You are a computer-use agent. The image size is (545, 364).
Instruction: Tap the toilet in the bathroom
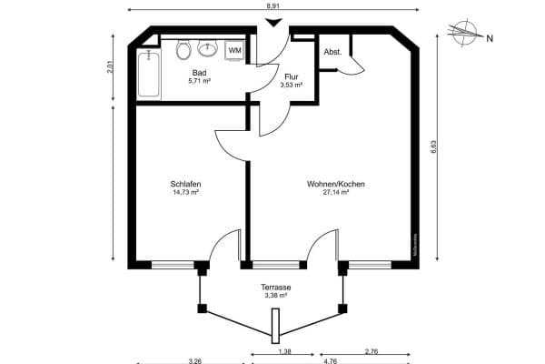(x=183, y=49)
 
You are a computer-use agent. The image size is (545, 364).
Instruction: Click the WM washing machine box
(x=234, y=50)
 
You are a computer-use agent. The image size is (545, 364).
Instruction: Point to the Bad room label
(x=199, y=72)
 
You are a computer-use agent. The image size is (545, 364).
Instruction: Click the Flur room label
(x=291, y=76)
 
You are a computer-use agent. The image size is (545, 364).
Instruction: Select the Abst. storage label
(x=332, y=52)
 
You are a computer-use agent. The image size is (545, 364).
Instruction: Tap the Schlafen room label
(x=185, y=184)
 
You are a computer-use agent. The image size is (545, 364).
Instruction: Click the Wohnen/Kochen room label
(x=336, y=184)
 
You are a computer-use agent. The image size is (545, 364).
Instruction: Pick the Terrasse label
(x=275, y=287)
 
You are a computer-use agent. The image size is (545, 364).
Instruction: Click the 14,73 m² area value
(x=185, y=193)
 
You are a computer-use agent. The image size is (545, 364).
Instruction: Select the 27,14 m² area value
(x=336, y=193)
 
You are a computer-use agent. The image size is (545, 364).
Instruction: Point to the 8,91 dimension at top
(x=272, y=6)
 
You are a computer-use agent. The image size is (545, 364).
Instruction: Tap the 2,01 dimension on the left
(x=112, y=66)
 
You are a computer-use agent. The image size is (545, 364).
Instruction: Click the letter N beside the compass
(x=490, y=38)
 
